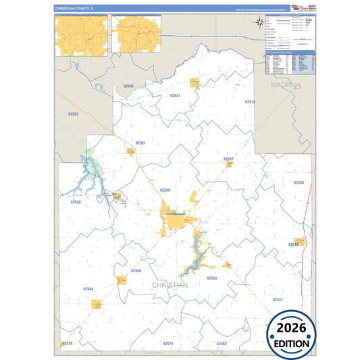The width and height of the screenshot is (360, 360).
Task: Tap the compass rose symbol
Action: (259, 25)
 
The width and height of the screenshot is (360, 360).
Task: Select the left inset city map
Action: (82, 34)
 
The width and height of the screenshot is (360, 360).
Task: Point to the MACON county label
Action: (283, 85)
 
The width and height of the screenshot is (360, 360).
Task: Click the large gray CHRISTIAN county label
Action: (170, 286)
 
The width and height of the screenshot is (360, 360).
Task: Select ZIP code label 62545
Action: (128, 86)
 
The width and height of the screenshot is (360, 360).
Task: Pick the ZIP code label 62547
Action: (175, 96)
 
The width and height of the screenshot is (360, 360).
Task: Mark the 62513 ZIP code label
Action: (250, 101)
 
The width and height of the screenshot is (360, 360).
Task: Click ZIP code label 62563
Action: (73, 114)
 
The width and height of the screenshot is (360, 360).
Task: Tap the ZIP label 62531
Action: (140, 143)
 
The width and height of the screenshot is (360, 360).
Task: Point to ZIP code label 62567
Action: (228, 159)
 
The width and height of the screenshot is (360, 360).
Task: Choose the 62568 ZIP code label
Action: (165, 190)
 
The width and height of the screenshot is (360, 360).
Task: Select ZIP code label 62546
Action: (88, 288)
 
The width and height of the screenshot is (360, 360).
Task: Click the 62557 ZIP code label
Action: (278, 299)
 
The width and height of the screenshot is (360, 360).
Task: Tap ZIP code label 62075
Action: (168, 344)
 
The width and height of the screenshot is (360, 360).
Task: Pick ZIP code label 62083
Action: (222, 344)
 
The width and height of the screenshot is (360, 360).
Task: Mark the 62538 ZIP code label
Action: (67, 344)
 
